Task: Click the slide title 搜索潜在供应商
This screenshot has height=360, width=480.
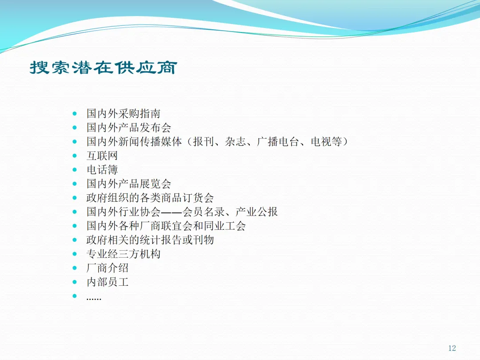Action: click(x=104, y=68)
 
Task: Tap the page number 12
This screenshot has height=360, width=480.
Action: click(x=452, y=348)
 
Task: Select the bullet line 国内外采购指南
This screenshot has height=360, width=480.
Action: click(x=124, y=114)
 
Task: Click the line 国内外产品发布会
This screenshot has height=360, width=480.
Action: click(x=128, y=128)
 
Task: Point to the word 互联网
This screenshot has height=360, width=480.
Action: click(x=102, y=156)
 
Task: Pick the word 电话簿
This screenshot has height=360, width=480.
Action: click(x=102, y=170)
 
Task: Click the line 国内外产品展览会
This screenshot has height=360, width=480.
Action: click(x=128, y=184)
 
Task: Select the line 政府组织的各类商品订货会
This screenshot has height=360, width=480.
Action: click(x=150, y=198)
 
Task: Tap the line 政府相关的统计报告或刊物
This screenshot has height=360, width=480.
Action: click(x=150, y=240)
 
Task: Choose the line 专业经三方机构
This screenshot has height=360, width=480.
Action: click(x=124, y=254)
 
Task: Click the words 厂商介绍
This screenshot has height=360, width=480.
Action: click(x=108, y=268)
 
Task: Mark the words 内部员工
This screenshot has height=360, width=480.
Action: click(x=108, y=282)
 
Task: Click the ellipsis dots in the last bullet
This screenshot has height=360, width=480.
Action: click(x=94, y=299)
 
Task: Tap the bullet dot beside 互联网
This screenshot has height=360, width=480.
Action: click(x=74, y=156)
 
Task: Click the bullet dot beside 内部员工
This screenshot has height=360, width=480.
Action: click(x=74, y=282)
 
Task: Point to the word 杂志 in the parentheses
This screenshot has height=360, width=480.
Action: click(x=235, y=142)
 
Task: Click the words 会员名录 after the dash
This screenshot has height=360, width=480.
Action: click(x=203, y=212)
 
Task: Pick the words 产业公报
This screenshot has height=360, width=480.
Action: click(x=256, y=212)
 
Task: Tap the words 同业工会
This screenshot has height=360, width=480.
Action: click(x=225, y=226)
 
